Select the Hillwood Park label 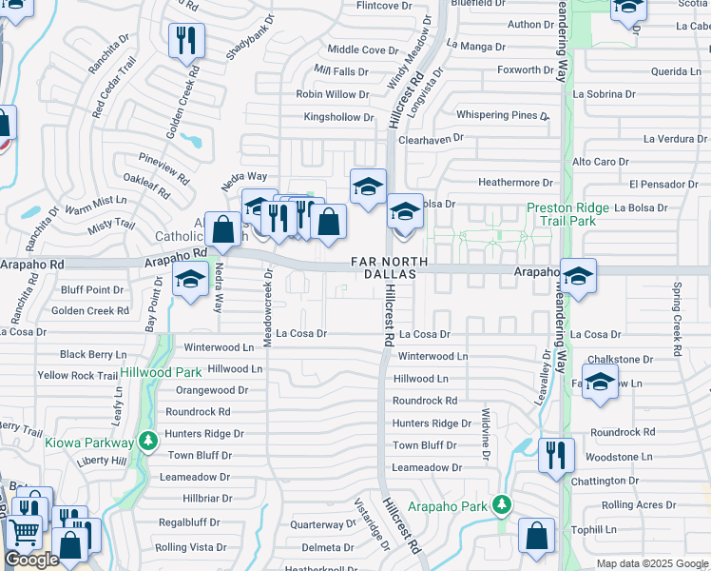pyautogui.click(x=161, y=372)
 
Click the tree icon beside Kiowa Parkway pyautogui.click(x=147, y=443)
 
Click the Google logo pyautogui.click(x=31, y=560)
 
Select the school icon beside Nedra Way pyautogui.click(x=190, y=281)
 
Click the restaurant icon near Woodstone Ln pyautogui.click(x=554, y=454)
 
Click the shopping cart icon pyautogui.click(x=24, y=532)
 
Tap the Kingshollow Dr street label pyautogui.click(x=338, y=117)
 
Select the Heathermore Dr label pyautogui.click(x=515, y=183)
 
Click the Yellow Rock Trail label pyautogui.click(x=78, y=376)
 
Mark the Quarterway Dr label pyautogui.click(x=322, y=524)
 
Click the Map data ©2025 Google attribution pyautogui.click(x=651, y=563)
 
